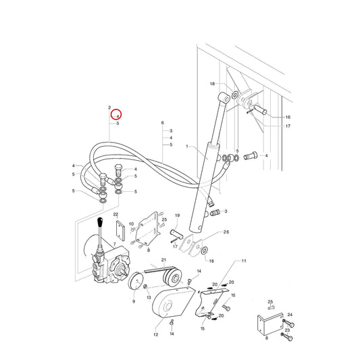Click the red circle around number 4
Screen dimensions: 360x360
(x=116, y=114)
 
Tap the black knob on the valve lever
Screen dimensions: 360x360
(x=100, y=222)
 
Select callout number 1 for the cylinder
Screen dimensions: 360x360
(x=187, y=147)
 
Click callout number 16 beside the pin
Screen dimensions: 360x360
(x=288, y=117)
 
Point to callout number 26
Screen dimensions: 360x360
(x=226, y=232)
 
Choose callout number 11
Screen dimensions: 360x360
(x=244, y=261)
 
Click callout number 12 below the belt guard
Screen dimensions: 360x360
(x=156, y=334)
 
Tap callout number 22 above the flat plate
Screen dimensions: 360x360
(x=115, y=214)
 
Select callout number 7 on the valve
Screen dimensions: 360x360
(x=115, y=244)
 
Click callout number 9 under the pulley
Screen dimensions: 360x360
(x=134, y=301)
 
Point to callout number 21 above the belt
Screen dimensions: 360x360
(x=163, y=260)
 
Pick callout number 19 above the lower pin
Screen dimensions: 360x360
(x=177, y=215)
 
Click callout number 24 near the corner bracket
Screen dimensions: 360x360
(x=290, y=315)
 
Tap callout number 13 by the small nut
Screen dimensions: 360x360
(x=149, y=298)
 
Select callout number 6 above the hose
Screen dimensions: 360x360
(x=163, y=123)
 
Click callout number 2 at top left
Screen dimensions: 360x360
(x=109, y=107)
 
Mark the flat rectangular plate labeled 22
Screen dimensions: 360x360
(x=120, y=231)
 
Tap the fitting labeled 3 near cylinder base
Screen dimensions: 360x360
(x=215, y=212)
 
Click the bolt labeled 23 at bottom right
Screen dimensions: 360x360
(x=288, y=336)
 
